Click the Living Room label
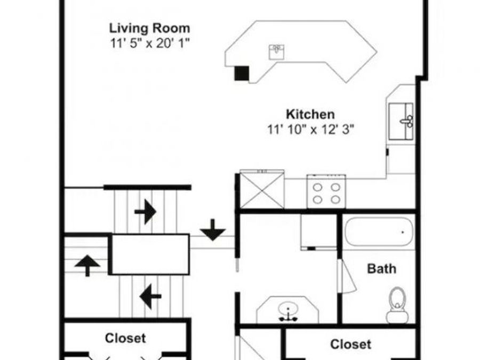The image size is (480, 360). click(x=149, y=28)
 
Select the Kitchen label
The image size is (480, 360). click(x=310, y=114)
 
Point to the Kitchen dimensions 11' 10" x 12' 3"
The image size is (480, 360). click(x=310, y=129)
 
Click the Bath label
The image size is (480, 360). click(x=381, y=268)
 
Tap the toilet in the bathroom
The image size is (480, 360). click(x=397, y=306)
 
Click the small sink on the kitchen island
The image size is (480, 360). click(x=276, y=51)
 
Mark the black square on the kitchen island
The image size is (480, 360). click(x=242, y=73)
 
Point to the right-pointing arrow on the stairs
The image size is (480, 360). click(x=145, y=212)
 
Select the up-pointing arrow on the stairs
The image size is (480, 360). click(x=86, y=264)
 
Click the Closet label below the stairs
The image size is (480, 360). click(x=125, y=338)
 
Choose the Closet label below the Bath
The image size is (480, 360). click(x=350, y=345)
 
